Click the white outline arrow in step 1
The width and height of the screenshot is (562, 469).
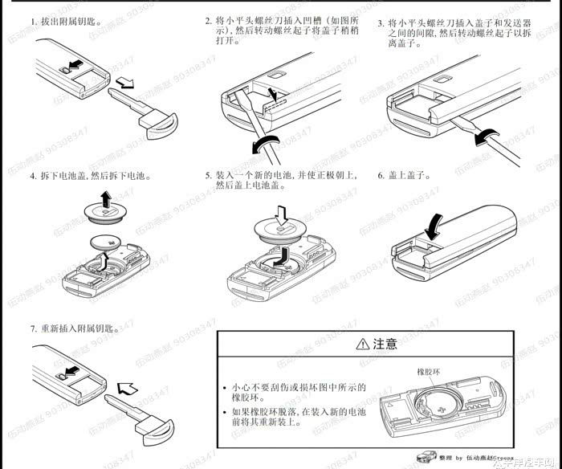pos(126,82)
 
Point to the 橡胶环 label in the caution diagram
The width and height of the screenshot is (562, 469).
pos(431,373)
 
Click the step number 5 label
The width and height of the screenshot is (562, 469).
pos(209,175)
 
